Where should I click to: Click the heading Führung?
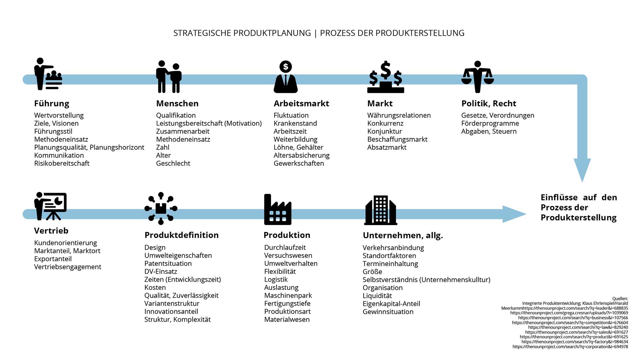(52, 104)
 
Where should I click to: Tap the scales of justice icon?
(477, 77)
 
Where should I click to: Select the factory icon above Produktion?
(277, 210)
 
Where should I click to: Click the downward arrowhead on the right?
(582, 170)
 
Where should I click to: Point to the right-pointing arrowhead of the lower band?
(514, 214)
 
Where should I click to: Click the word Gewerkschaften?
(299, 163)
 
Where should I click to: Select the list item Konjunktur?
(384, 131)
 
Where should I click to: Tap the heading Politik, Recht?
(489, 104)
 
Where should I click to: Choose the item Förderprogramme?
(490, 123)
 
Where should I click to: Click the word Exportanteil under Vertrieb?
(53, 259)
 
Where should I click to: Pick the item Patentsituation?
(168, 264)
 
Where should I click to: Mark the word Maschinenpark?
(288, 296)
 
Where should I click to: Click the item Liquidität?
(377, 296)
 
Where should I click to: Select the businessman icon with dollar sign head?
(285, 77)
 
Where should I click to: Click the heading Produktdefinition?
(181, 235)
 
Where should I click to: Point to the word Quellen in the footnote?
(620, 299)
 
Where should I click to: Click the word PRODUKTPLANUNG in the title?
(272, 33)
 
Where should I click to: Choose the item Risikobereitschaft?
(62, 163)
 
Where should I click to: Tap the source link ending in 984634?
(574, 342)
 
